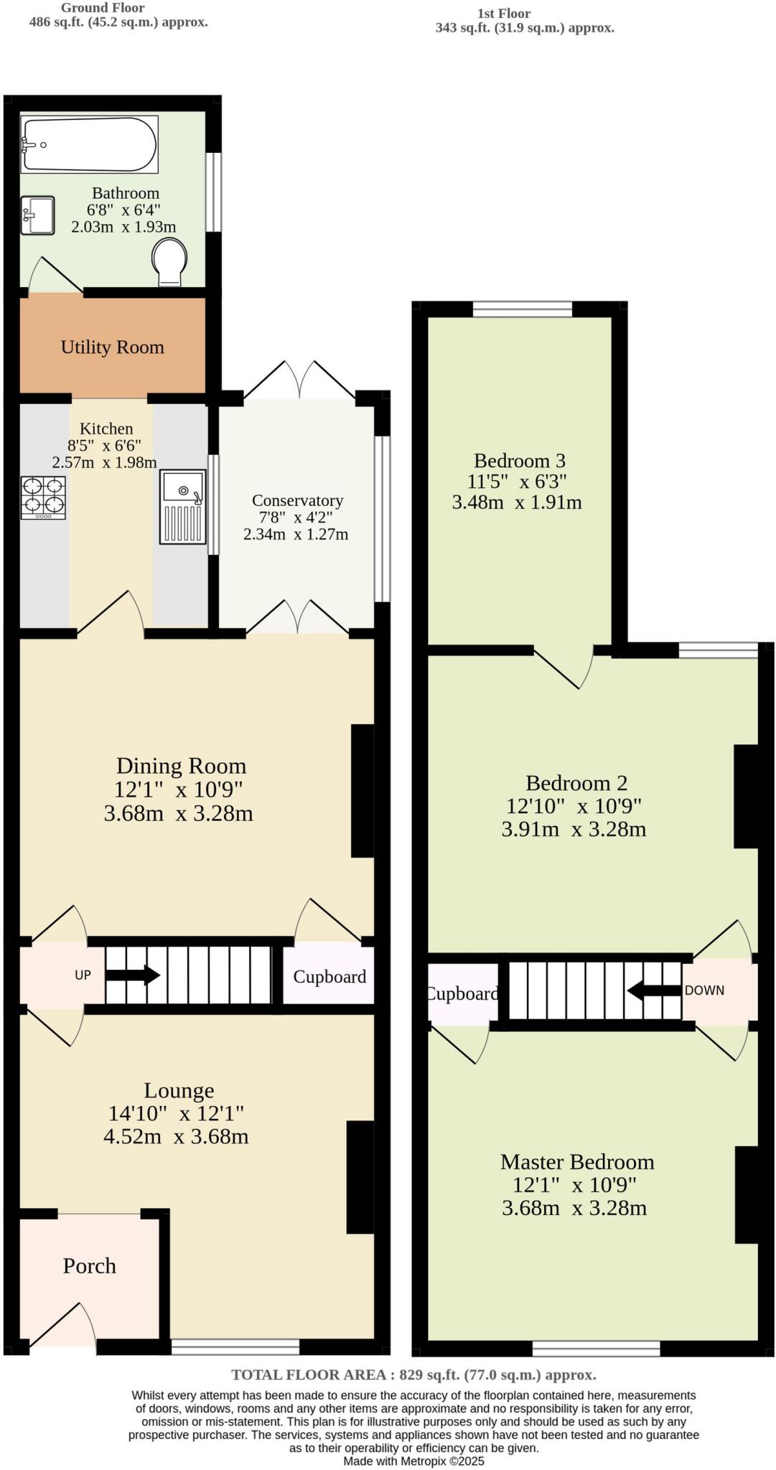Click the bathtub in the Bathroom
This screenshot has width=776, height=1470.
coord(89,144)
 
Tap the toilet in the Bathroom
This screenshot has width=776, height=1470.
coord(170,263)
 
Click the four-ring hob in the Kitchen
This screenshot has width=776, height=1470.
coord(43,497)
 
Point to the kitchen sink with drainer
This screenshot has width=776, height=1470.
coord(182,506)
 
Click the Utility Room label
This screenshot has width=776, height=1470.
coord(112,347)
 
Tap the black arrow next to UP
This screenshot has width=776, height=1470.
coord(133,975)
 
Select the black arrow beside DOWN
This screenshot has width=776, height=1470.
coord(653,991)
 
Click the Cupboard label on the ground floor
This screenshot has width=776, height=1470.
coord(329,976)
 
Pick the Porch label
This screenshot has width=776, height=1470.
coord(89,1265)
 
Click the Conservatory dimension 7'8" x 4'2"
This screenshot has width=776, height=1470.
coord(296,518)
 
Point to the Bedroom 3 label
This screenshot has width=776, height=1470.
coord(519,461)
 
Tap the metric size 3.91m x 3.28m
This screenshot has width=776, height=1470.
coord(574,829)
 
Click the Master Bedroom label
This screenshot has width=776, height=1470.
coord(576,1161)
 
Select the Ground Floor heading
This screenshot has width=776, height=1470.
coord(103,8)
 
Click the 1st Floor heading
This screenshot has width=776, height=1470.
coord(503,14)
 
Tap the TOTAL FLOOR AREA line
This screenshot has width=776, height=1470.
coord(413,1375)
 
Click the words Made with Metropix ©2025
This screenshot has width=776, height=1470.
coord(413,1461)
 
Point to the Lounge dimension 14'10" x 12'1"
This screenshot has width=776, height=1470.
coord(176,1113)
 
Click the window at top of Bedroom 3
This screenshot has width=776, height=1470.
coord(522,309)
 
